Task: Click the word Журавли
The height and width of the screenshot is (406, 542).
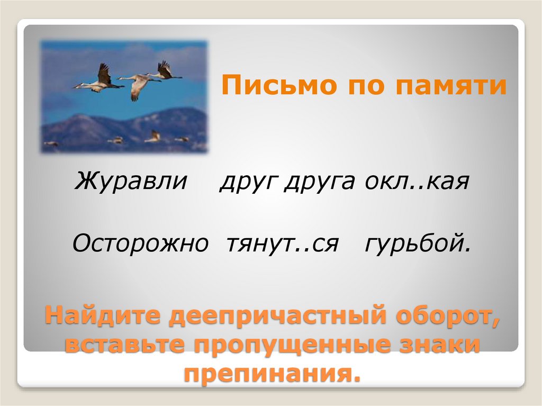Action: (x=131, y=182)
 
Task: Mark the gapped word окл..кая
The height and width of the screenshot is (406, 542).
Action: (x=417, y=182)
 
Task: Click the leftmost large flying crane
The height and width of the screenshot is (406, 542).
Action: (x=100, y=80)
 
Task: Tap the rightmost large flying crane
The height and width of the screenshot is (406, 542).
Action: (x=165, y=71)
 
